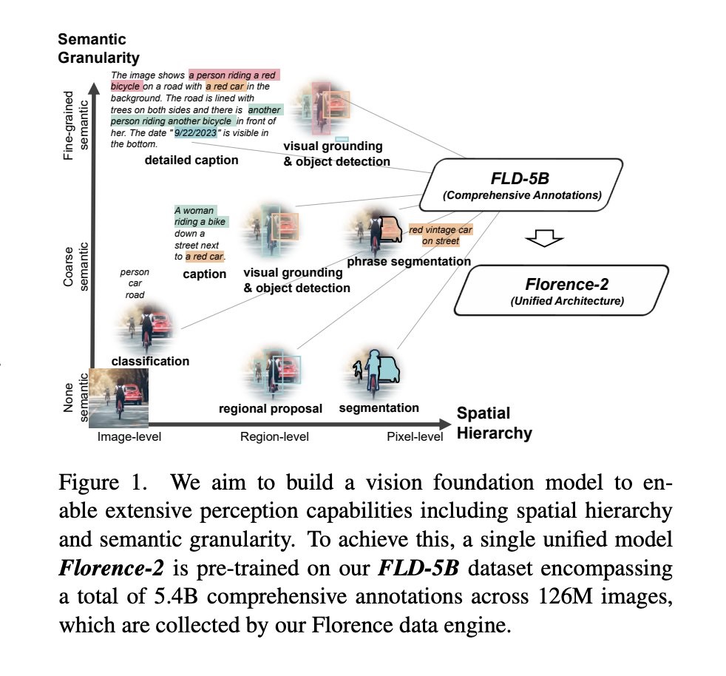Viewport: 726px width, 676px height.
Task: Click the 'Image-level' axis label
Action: coord(129,436)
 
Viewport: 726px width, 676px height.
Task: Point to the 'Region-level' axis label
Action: coord(274,436)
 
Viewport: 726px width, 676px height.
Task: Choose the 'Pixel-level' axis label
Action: coord(415,436)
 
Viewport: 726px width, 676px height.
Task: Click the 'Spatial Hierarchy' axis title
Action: coord(494,423)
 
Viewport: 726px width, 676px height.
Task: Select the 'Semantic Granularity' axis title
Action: coord(98,47)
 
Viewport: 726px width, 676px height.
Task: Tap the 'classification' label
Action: coord(150,361)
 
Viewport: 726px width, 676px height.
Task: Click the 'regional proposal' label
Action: coord(271,408)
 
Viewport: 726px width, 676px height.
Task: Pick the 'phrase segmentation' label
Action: coord(409,261)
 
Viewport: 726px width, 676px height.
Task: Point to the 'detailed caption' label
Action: coord(191,160)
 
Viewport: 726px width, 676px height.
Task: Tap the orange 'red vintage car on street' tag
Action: coord(440,235)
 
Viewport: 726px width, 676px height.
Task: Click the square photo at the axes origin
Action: coord(118,397)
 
